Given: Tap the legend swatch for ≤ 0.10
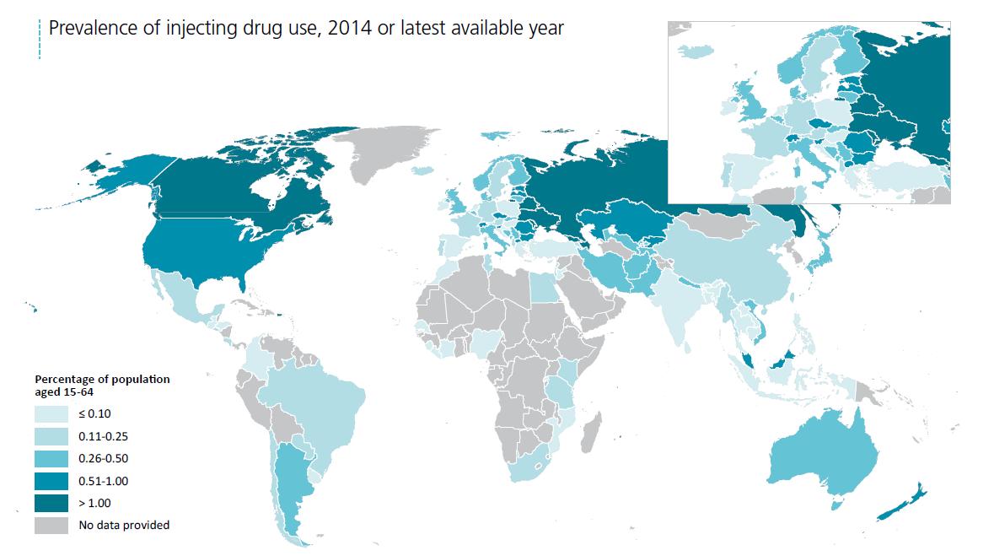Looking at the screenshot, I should click(x=51, y=413).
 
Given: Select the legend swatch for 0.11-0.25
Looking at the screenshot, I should click(x=51, y=436).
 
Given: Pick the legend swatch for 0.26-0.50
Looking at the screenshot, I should click(x=51, y=458).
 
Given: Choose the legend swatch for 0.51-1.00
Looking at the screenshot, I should click(x=51, y=481).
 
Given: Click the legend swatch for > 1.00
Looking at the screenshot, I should click(x=51, y=503).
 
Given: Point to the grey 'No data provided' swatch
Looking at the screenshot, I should click(x=51, y=526).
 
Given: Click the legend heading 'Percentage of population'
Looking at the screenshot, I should click(x=102, y=380).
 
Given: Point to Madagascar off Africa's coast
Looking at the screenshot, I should click(x=594, y=427).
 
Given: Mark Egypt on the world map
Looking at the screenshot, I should click(x=543, y=291).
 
